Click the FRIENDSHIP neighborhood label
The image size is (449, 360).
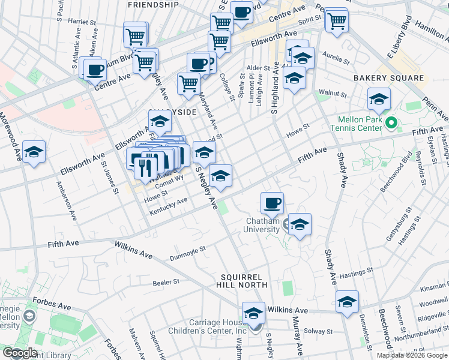click(x=153, y=5)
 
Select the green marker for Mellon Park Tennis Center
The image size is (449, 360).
click(x=391, y=124)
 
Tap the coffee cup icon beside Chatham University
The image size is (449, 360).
click(x=273, y=203)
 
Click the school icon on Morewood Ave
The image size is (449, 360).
click(x=34, y=151)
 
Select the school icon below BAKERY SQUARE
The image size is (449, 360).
click(x=379, y=99)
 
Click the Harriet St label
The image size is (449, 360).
click(x=83, y=22)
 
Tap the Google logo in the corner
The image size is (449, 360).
click(x=19, y=353)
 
